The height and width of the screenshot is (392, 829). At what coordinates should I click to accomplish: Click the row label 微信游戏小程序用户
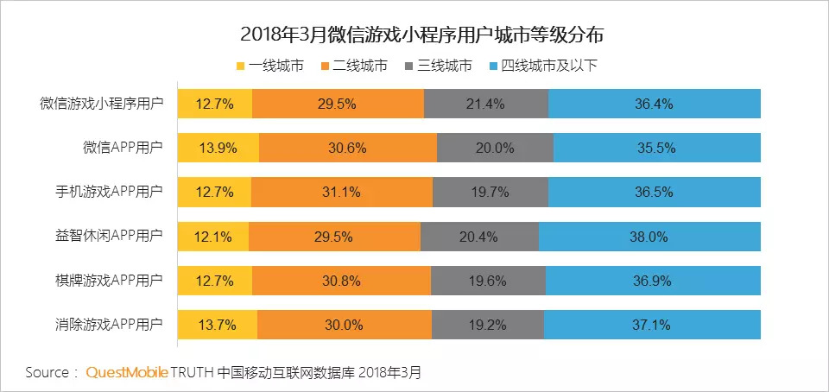tap(101, 103)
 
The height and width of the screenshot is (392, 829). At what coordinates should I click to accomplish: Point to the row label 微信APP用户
tap(121, 148)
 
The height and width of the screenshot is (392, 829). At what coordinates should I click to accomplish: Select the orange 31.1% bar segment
tap(342, 192)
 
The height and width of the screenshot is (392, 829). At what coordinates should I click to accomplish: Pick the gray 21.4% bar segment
tap(486, 103)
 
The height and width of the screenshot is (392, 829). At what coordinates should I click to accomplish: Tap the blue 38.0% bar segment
tap(649, 236)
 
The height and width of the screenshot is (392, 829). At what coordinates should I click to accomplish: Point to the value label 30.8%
tap(342, 281)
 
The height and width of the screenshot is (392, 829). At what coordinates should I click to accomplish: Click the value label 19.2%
tap(488, 325)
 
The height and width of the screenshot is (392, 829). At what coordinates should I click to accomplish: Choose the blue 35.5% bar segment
tap(657, 148)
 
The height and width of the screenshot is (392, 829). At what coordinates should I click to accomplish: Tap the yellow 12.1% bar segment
tap(212, 236)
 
